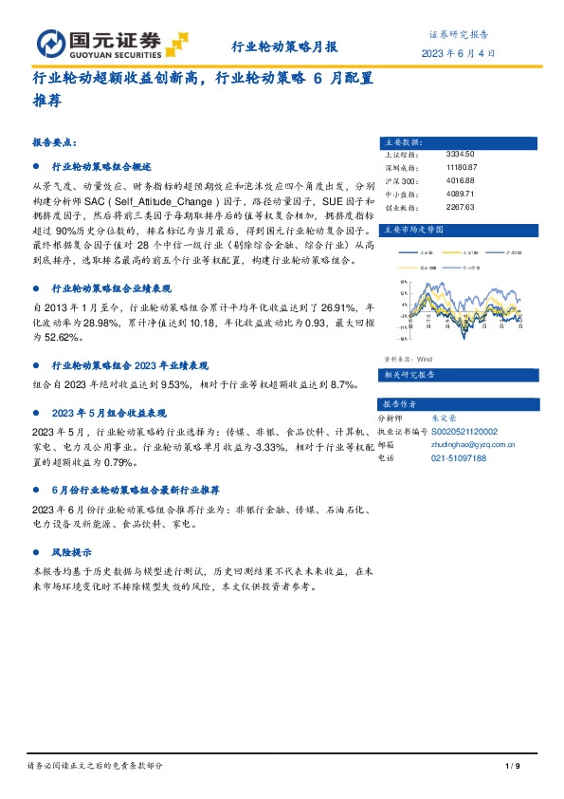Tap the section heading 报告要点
54,141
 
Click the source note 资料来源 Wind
409,360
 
